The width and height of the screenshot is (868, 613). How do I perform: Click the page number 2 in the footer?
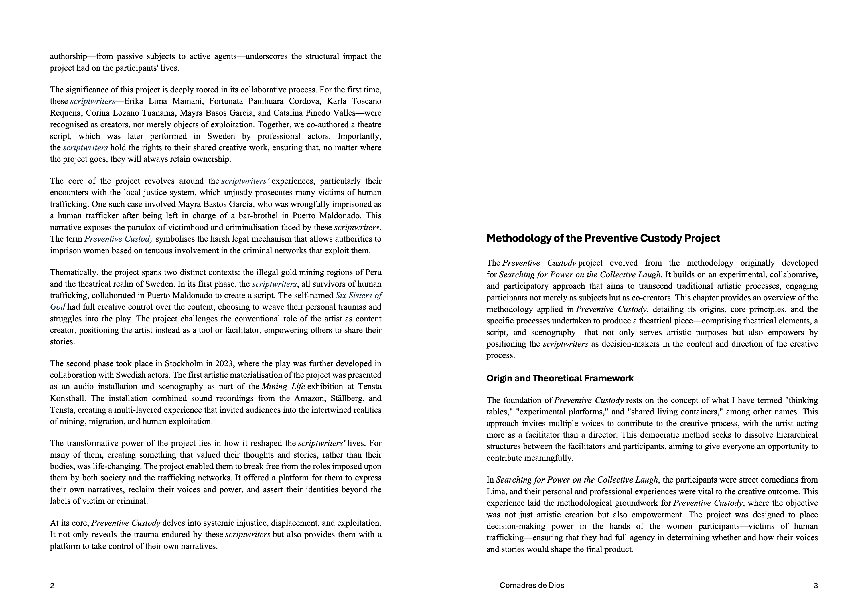click(x=52, y=586)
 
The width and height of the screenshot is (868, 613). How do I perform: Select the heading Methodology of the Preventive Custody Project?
click(x=603, y=238)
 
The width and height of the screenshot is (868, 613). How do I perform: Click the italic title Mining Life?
click(x=283, y=387)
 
